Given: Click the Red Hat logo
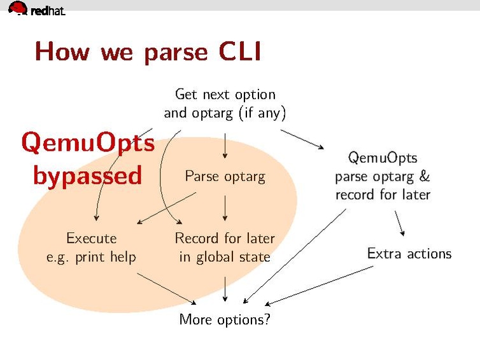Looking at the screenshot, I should [x=36, y=9].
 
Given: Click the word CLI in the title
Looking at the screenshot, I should [x=239, y=52].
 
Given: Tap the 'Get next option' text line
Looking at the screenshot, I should [x=225, y=95].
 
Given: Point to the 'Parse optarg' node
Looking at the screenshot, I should [x=225, y=176].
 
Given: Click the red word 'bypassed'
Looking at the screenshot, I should [x=87, y=175].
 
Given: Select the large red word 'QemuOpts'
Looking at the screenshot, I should [x=88, y=143].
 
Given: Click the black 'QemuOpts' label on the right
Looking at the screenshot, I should [x=383, y=157].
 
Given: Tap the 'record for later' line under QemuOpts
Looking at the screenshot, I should [x=383, y=194].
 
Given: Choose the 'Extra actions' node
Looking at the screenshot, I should [x=409, y=253].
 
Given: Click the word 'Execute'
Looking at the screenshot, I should [x=92, y=238].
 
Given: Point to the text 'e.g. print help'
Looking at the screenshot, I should [x=92, y=257].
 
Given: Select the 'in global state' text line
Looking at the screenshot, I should [x=225, y=257].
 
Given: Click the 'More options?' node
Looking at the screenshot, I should [x=225, y=319].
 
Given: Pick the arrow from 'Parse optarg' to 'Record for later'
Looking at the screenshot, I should [x=225, y=209].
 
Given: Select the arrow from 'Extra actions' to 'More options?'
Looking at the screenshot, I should [x=318, y=286].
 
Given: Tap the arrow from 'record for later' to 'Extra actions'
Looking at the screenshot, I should [x=400, y=222].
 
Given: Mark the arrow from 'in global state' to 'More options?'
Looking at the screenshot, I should [x=225, y=287].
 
